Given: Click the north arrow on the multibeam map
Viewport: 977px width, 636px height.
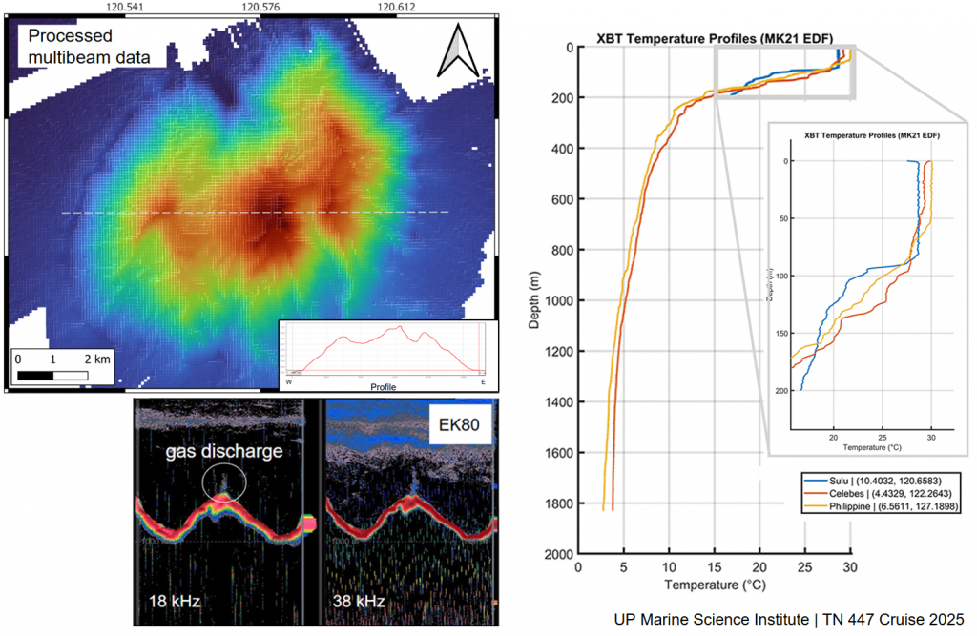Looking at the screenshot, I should (454, 51).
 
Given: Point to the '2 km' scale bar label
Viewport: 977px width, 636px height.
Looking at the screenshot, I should (97, 360).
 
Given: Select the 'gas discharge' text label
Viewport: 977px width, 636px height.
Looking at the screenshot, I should (224, 452).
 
